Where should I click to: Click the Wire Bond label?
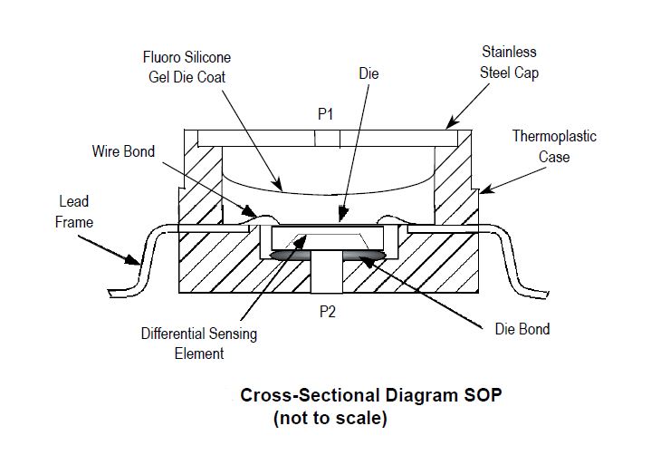click(x=123, y=151)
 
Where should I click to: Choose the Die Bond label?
click(x=522, y=328)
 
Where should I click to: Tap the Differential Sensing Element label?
click(x=198, y=344)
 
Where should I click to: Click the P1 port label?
click(x=326, y=116)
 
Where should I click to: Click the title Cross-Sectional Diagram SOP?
click(x=369, y=396)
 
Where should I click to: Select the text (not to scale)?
click(x=330, y=419)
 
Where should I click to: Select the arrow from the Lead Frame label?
click(x=108, y=249)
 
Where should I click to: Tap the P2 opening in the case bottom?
click(x=326, y=277)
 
